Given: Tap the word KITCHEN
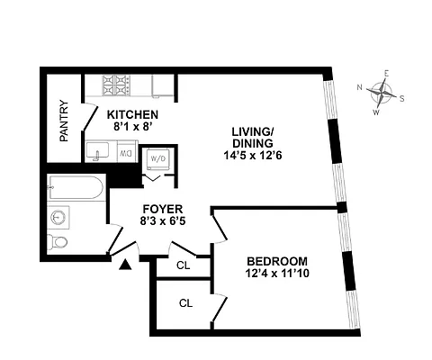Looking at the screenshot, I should (x=132, y=115).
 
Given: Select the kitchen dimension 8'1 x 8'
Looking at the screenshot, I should (x=132, y=128).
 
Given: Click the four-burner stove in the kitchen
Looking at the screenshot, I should (x=118, y=85).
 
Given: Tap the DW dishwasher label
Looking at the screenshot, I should (x=126, y=154).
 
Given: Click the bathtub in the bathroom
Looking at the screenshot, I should (x=76, y=190).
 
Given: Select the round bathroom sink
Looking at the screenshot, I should (x=59, y=217).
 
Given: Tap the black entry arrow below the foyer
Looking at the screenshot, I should (x=125, y=264).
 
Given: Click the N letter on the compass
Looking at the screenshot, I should (x=359, y=87).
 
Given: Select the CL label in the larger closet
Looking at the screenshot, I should (x=184, y=303).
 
